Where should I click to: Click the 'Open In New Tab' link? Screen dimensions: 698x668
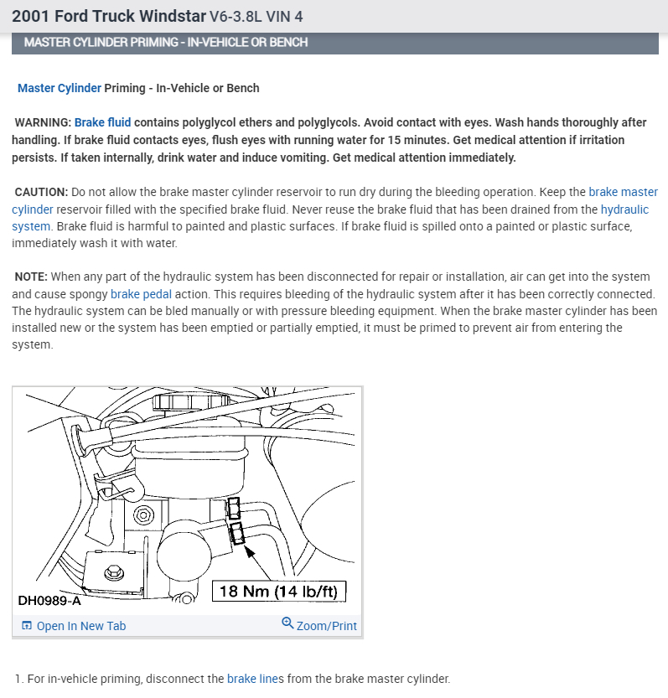point(80,626)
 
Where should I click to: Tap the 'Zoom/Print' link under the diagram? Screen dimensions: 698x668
point(326,626)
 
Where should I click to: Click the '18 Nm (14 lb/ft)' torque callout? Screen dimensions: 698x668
point(278,592)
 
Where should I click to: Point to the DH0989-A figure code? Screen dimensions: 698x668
point(49,600)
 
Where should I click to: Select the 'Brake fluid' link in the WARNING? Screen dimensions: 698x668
point(102,122)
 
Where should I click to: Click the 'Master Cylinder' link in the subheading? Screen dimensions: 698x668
point(60,88)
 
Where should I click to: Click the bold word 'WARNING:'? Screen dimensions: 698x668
point(43,122)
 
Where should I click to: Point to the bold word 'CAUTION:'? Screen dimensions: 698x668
point(41,192)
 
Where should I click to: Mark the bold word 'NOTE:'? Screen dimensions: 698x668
point(32,277)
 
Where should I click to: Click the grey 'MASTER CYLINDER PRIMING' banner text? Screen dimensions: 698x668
point(166,42)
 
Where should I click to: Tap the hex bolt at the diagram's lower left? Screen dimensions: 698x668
point(114,572)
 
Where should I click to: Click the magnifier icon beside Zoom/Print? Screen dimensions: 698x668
point(287,624)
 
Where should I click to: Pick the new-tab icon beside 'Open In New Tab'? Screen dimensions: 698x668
point(27,626)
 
